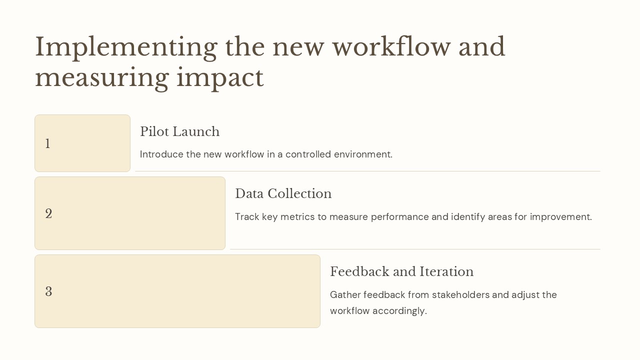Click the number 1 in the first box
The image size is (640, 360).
tap(47, 144)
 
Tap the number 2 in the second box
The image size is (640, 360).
tap(48, 214)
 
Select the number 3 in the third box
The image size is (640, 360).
tap(48, 292)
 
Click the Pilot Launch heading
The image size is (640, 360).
tap(179, 132)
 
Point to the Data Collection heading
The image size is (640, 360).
tap(283, 194)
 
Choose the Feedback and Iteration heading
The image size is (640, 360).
tap(401, 272)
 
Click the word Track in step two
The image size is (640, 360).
tap(246, 217)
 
